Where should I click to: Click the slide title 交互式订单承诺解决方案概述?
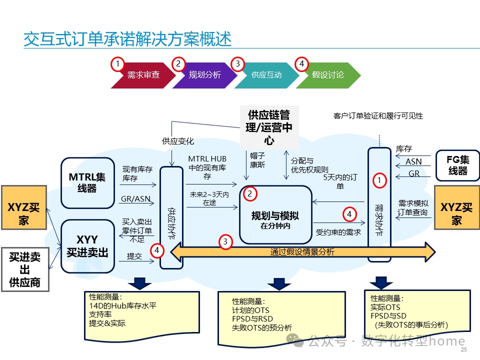coord(127,38)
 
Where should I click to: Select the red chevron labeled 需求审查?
coord(143,75)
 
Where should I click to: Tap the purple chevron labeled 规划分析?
coord(204,75)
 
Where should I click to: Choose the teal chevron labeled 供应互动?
coord(266,75)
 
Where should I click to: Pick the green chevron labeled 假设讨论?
coord(328,75)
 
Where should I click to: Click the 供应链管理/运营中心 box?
coord(269,127)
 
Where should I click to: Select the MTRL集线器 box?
coord(87,183)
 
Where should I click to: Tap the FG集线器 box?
coord(457,165)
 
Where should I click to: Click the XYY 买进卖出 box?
coord(87,246)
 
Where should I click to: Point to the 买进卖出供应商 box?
coord(24,270)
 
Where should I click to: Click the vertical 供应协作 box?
coord(171,217)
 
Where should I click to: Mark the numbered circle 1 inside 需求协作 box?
coord(380,180)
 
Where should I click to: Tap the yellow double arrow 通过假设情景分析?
coord(302,252)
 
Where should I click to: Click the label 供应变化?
coord(177,141)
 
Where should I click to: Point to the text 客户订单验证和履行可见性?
coord(378,116)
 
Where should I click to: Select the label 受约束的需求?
coord(338,232)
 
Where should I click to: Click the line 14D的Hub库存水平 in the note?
coord(122,305)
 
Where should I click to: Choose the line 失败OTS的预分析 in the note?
coord(261,328)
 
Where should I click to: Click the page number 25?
coord(463,349)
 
